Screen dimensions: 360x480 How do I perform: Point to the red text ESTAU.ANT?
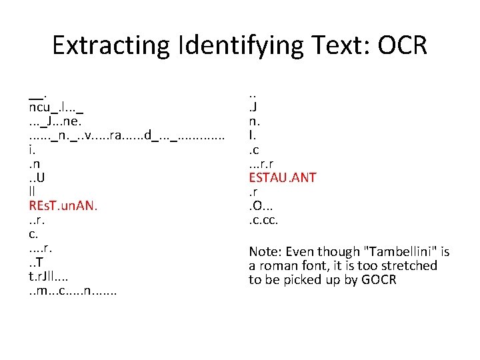[283, 177]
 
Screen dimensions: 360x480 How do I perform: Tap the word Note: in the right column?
[265, 251]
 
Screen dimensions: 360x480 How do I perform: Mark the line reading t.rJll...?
[49, 276]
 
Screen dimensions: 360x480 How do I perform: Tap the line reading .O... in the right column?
[261, 206]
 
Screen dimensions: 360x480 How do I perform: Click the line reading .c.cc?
[263, 220]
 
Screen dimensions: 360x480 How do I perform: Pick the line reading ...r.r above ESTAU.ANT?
[263, 164]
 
